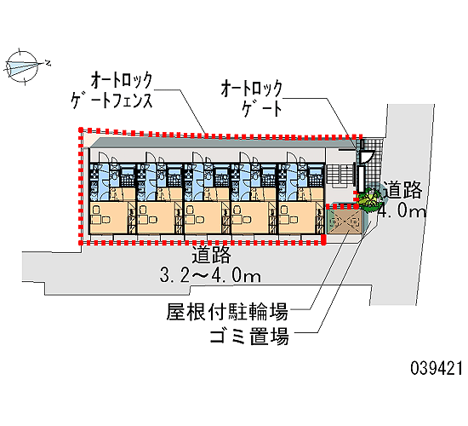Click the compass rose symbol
tap(22, 66)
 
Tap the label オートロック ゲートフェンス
tap(112, 90)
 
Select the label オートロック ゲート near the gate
tap(252, 98)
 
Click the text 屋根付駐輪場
tap(227, 312)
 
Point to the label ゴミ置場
tap(249, 337)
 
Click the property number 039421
tap(437, 368)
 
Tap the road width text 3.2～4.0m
tap(211, 275)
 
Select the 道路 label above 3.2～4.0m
tap(211, 255)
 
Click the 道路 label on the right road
tap(402, 189)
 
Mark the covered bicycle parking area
tap(344, 222)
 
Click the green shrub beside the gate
tap(369, 199)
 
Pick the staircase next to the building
tap(340, 175)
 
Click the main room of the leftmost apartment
tap(109, 216)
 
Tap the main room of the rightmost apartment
tap(298, 216)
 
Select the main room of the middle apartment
tap(203, 216)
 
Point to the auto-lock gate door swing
tap(367, 156)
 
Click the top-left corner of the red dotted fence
tap(81, 130)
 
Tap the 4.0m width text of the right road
tap(402, 211)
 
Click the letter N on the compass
tap(48, 63)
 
